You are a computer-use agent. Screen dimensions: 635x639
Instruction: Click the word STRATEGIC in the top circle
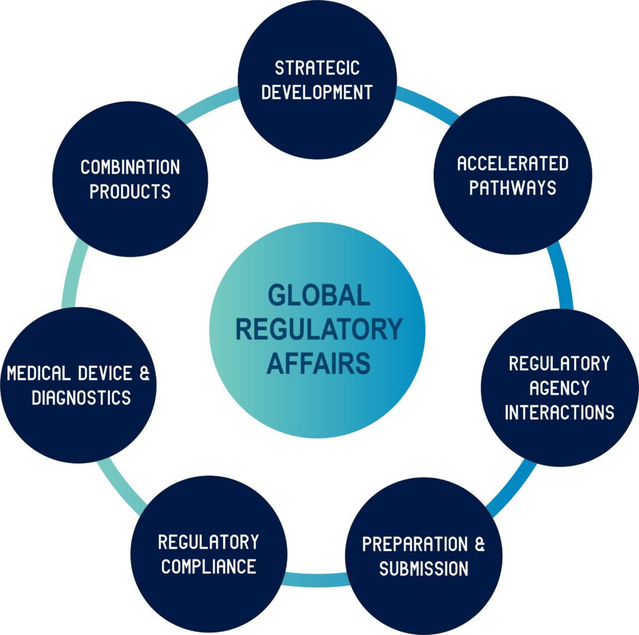pyautogui.click(x=317, y=67)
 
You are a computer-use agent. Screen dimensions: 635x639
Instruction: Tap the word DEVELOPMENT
pyautogui.click(x=317, y=92)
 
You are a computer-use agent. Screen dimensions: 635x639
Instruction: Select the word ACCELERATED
pyautogui.click(x=512, y=164)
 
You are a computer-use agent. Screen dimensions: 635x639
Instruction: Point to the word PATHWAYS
pyautogui.click(x=512, y=188)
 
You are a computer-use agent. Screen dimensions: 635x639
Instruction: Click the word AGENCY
pyautogui.click(x=559, y=388)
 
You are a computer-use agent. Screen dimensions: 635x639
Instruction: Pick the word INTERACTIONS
pyautogui.click(x=559, y=412)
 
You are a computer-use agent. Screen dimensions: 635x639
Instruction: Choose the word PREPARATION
pyautogui.click(x=415, y=544)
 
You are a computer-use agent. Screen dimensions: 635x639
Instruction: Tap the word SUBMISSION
pyautogui.click(x=424, y=568)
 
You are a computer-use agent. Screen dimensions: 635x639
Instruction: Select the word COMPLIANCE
pyautogui.click(x=208, y=566)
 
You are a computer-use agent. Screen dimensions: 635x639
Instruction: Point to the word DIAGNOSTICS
pyautogui.click(x=81, y=398)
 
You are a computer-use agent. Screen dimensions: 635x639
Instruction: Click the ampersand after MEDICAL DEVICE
pyautogui.click(x=144, y=373)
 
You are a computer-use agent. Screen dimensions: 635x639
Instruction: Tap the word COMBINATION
pyautogui.click(x=130, y=167)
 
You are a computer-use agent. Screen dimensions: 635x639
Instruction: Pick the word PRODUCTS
pyautogui.click(x=130, y=192)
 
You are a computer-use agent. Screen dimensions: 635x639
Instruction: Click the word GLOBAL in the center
pyautogui.click(x=318, y=295)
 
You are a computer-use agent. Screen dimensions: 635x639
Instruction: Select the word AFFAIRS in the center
pyautogui.click(x=318, y=363)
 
